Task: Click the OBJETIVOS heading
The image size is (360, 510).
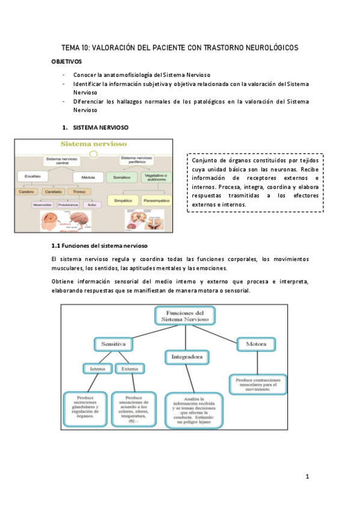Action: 67,61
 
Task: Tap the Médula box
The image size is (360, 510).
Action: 82,178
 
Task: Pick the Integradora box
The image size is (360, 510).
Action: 187,357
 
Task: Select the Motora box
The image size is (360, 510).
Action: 257,345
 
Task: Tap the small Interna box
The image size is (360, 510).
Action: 97,369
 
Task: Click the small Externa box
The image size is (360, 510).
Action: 129,369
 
